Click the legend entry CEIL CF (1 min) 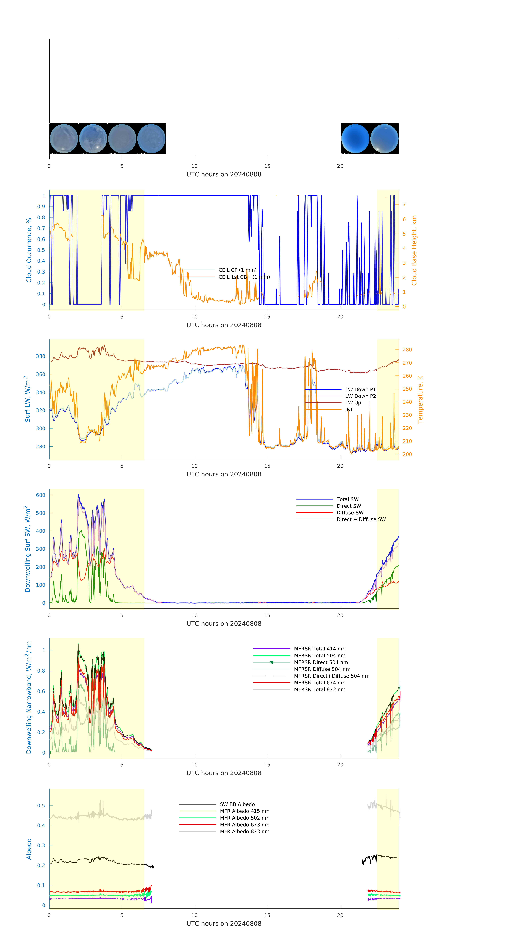pos(237,270)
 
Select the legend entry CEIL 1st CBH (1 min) pos(244,277)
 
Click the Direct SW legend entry pos(349,506)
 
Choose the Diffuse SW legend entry pos(350,512)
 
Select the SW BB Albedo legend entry pos(237,804)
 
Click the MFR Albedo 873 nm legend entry pos(244,831)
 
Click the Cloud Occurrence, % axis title pos(29,250)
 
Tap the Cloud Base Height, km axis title pos(414,250)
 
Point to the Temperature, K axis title pos(420,399)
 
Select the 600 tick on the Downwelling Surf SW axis pos(40,495)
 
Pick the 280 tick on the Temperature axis pos(407,350)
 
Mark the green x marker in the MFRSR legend pos(272,662)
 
